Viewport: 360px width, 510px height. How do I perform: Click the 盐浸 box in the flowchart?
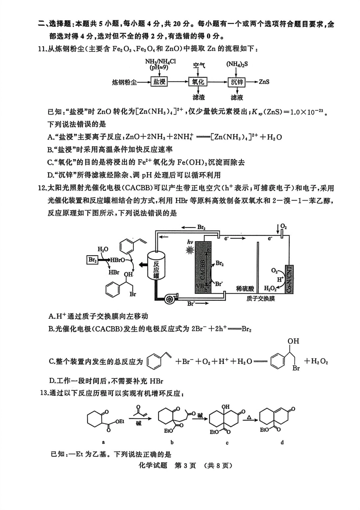[x=159, y=82]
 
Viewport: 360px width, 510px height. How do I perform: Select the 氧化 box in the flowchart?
[x=198, y=82]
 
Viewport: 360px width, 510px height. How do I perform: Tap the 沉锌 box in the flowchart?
[x=237, y=82]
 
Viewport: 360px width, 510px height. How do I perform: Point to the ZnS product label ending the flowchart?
[x=264, y=82]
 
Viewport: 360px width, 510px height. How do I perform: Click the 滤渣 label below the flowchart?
[x=198, y=97]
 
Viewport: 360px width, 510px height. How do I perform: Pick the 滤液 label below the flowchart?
[x=237, y=97]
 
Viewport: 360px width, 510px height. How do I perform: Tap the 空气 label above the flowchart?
[x=198, y=65]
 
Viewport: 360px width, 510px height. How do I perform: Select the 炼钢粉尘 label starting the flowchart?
[x=124, y=82]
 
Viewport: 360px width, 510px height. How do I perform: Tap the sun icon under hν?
[x=189, y=250]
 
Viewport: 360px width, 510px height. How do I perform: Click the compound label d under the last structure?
[x=282, y=442]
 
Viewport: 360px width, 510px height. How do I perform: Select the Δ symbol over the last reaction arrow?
[x=249, y=417]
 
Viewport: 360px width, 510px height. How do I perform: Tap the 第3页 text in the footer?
[x=185, y=465]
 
